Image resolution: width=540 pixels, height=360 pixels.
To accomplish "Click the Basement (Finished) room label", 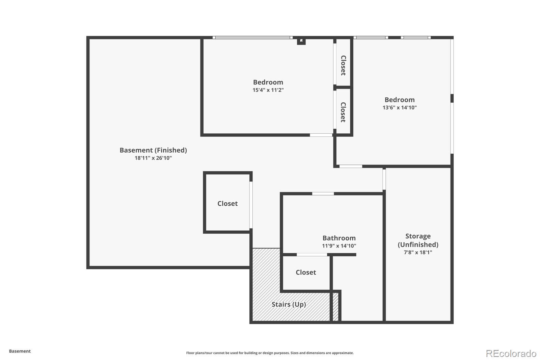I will (153, 150).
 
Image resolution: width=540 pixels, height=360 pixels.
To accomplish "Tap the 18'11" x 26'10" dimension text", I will (153, 158).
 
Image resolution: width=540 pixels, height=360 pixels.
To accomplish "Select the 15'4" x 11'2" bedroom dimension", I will (268, 90).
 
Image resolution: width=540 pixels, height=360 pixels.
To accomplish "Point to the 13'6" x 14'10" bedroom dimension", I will (400, 108).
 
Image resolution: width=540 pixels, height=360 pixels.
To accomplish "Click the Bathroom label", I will (339, 238).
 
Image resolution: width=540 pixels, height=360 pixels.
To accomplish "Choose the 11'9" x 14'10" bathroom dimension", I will (339, 246).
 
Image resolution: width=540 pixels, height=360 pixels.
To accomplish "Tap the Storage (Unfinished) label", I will (418, 240).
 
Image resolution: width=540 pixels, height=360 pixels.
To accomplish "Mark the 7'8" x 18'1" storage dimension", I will (418, 253).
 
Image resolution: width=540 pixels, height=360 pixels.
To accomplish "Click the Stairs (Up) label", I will (289, 304).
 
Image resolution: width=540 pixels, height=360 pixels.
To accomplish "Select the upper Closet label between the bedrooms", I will (343, 66).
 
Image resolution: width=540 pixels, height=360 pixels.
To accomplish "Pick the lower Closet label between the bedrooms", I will (343, 112).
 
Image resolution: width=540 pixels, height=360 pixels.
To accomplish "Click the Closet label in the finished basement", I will (227, 204).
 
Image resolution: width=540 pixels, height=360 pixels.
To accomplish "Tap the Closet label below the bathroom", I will (306, 273).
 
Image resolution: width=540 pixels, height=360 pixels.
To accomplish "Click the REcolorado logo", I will (511, 354).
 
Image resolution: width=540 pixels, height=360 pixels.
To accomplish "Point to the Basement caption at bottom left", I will (20, 351).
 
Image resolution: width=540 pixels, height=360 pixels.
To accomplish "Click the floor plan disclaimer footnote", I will (270, 353).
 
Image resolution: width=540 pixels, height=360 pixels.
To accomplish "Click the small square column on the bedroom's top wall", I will (301, 41).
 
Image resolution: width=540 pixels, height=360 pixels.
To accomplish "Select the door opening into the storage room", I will (384, 179).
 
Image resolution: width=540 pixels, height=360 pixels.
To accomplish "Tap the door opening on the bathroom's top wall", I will (323, 194).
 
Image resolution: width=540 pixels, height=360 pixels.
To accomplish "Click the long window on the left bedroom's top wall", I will (252, 37).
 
